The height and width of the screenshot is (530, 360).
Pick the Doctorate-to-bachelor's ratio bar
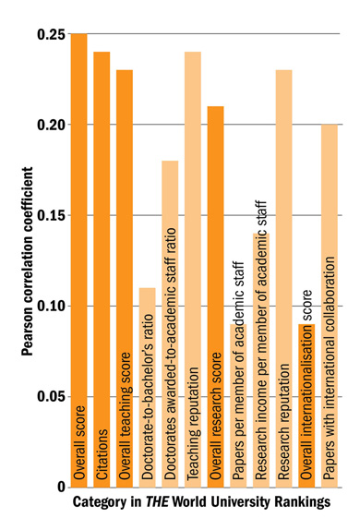(x=148, y=387)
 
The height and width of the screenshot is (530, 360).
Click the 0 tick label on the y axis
(x=59, y=487)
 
